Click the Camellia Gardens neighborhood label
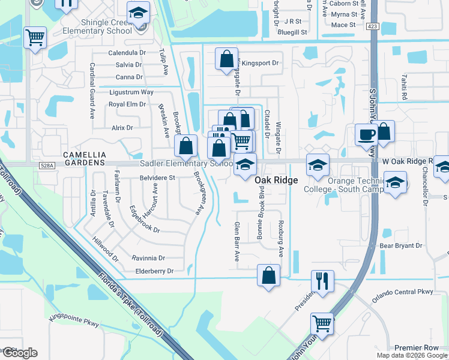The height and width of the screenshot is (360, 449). pyautogui.click(x=84, y=154)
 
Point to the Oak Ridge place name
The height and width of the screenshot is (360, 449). pyautogui.click(x=276, y=180)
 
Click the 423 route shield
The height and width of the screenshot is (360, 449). pyautogui.click(x=373, y=26)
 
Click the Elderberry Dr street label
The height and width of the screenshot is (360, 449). pyautogui.click(x=153, y=271)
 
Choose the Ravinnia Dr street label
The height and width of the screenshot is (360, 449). pyautogui.click(x=148, y=258)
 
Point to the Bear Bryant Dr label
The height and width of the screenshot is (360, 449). pyautogui.click(x=401, y=246)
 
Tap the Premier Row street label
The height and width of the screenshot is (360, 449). pyautogui.click(x=416, y=348)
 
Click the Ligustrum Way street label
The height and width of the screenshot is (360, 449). pyautogui.click(x=131, y=92)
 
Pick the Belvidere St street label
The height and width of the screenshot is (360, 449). pyautogui.click(x=157, y=178)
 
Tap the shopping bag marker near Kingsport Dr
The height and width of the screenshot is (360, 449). pyautogui.click(x=227, y=59)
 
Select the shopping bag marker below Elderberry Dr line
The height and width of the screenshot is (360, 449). pyautogui.click(x=269, y=275)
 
